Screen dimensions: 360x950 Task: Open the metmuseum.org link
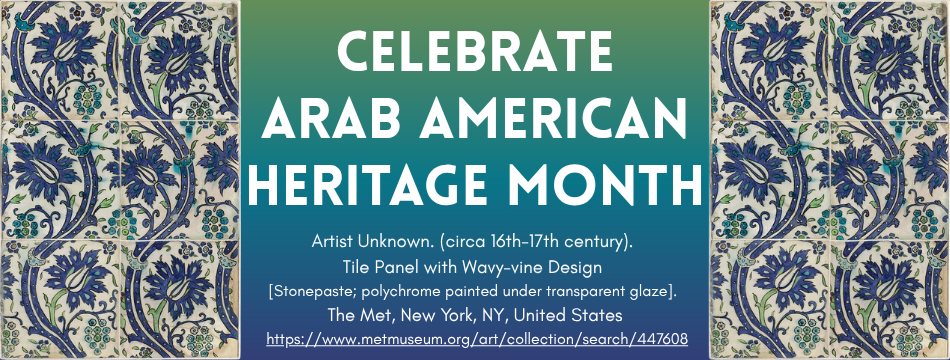[x=475, y=339]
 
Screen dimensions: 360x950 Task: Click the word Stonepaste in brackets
[x=315, y=292]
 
